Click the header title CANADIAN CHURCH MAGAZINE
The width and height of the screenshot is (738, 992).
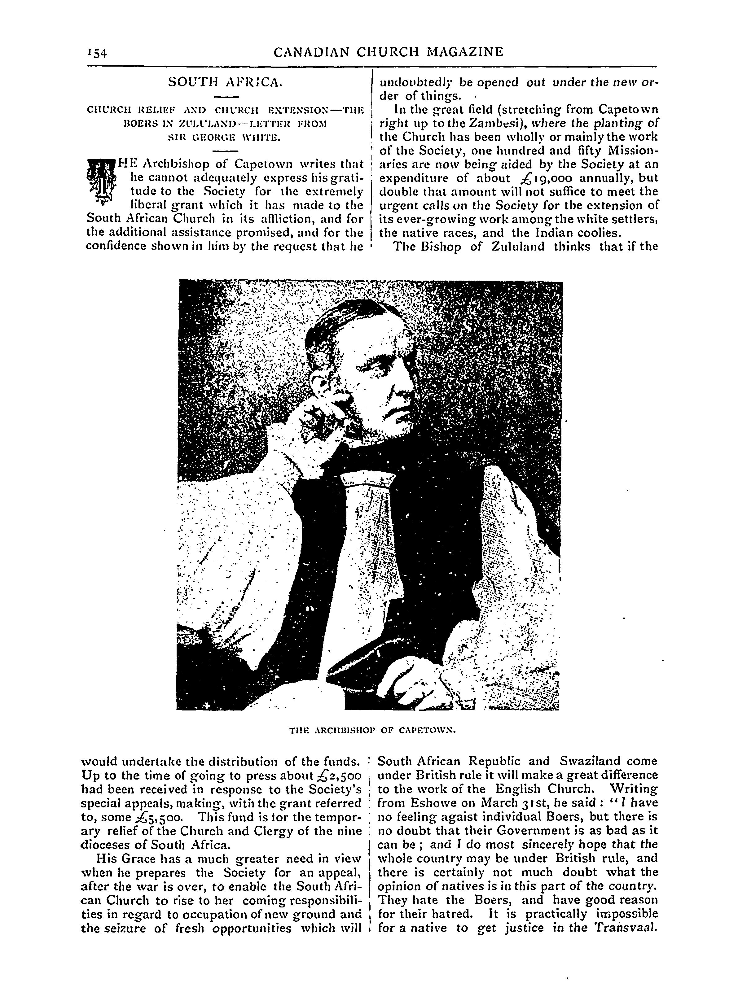[388, 52]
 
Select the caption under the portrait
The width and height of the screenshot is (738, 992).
[372, 730]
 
